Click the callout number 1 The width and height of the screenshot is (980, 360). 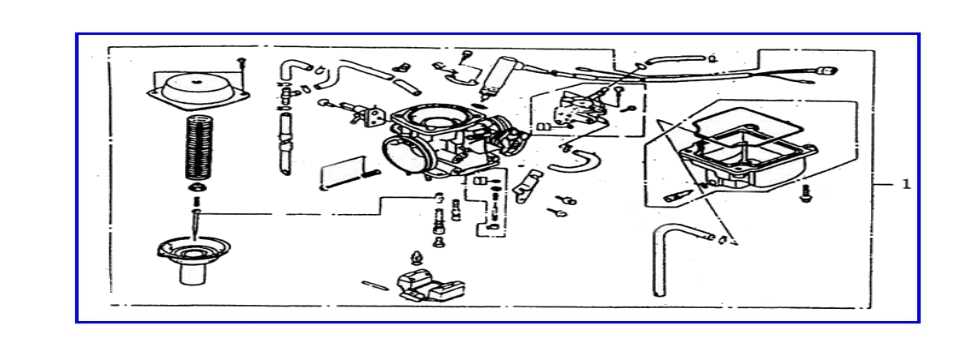pyautogui.click(x=906, y=184)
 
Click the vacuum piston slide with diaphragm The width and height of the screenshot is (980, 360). pyautogui.click(x=192, y=256)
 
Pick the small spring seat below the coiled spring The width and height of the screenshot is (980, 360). pyautogui.click(x=197, y=188)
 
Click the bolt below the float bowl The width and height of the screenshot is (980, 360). pyautogui.click(x=806, y=194)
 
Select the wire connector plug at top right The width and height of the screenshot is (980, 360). pyautogui.click(x=827, y=72)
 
